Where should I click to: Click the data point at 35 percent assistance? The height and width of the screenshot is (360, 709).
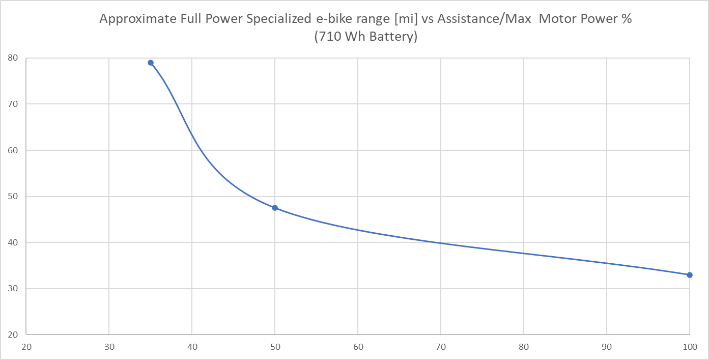point(151,63)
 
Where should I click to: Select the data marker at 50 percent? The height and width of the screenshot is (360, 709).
point(275,208)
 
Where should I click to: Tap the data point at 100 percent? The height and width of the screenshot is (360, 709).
point(690,275)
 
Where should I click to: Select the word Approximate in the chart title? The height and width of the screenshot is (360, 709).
point(131,19)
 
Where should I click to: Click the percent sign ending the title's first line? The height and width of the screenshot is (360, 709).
point(627,19)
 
